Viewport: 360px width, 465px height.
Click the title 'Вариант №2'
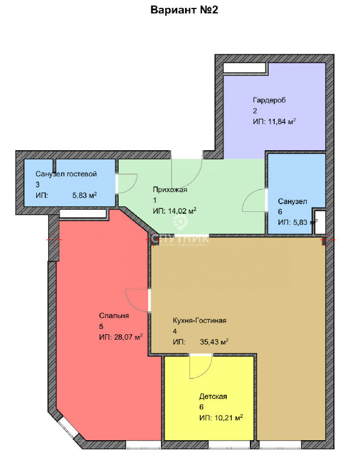(x=185, y=10)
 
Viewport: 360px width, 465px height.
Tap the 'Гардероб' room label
(x=269, y=101)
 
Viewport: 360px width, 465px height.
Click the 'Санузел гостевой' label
(x=67, y=174)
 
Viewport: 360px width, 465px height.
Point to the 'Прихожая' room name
(x=170, y=190)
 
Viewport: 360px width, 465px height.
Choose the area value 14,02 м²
(x=182, y=211)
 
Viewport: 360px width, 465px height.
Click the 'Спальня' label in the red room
(x=114, y=315)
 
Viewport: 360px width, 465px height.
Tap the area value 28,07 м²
(x=128, y=337)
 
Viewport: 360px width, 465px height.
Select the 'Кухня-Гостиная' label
(x=200, y=320)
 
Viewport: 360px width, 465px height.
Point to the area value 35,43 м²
(x=214, y=342)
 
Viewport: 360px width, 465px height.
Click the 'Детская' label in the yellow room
(x=213, y=397)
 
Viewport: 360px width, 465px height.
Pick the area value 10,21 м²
(x=228, y=418)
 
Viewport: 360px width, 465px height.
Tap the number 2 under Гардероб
(x=255, y=111)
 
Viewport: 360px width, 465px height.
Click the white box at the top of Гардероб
(x=245, y=68)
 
